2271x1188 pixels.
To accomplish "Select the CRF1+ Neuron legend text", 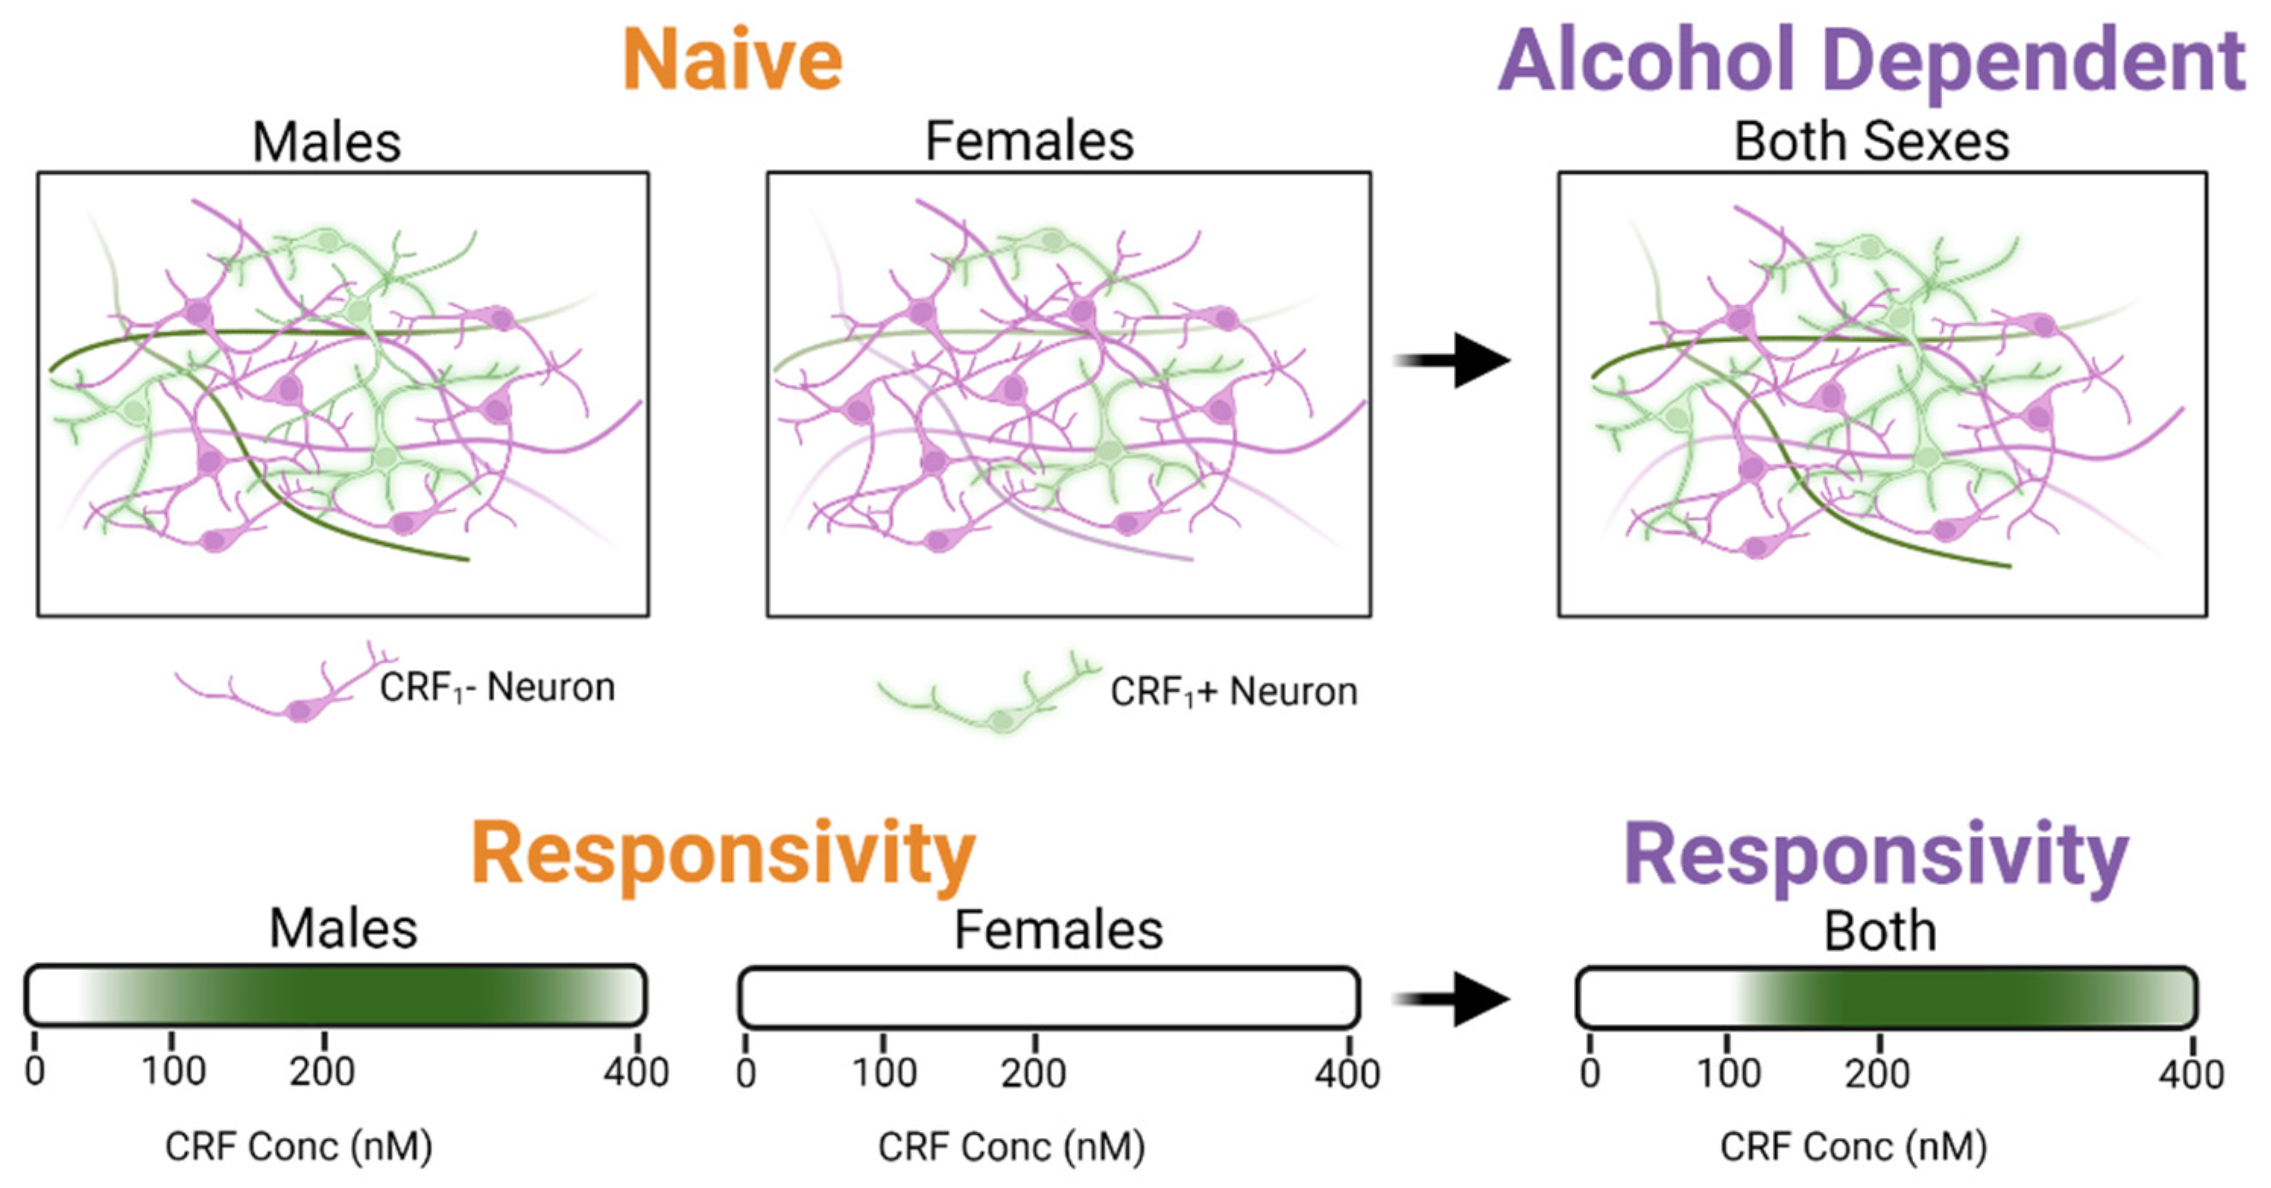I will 1233,691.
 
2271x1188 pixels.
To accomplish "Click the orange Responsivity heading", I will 723,853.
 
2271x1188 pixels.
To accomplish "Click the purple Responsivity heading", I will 1876,853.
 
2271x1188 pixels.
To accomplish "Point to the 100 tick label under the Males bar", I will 174,1071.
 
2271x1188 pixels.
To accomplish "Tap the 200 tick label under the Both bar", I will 1877,1073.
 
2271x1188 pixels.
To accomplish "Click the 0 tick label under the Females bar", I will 746,1073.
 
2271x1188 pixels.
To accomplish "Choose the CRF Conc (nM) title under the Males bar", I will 298,1145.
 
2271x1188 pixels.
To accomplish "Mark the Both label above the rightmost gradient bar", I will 1880,931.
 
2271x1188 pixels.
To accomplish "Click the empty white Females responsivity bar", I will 1048,997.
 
